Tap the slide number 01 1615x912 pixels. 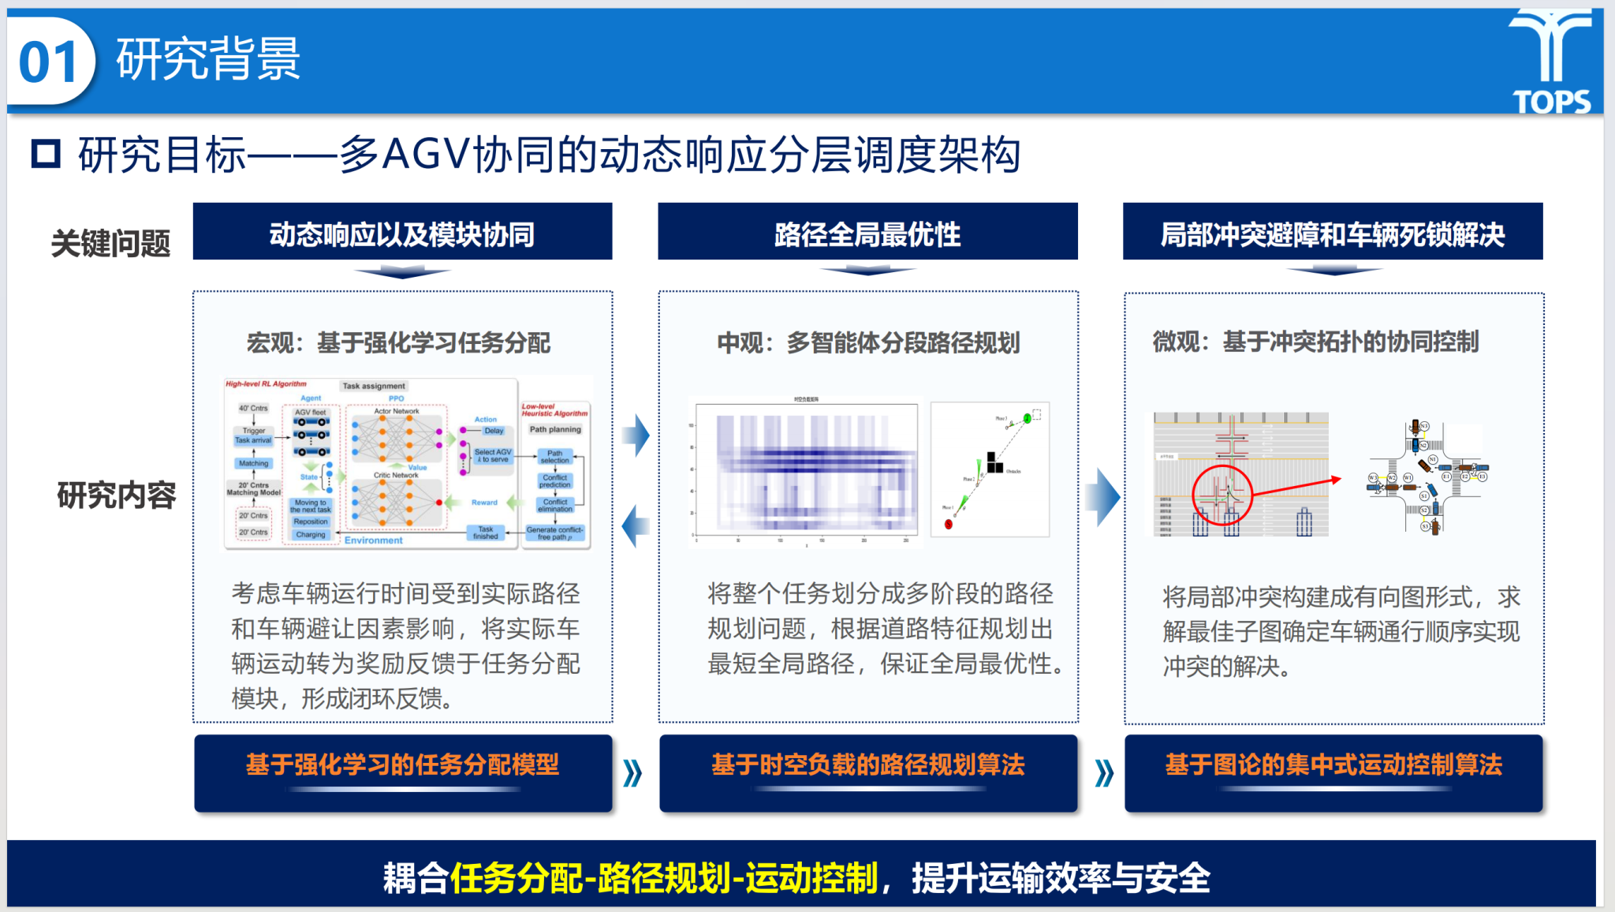pyautogui.click(x=48, y=62)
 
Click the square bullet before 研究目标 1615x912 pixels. pyautogui.click(x=46, y=154)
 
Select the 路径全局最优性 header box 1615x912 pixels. pyautogui.click(x=867, y=234)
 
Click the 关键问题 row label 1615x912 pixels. pyautogui.click(x=110, y=243)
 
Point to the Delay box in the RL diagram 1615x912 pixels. pyautogui.click(x=494, y=431)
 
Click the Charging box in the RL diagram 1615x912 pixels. pyautogui.click(x=311, y=534)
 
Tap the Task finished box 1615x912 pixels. pyautogui.click(x=485, y=533)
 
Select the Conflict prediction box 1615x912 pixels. pyautogui.click(x=555, y=481)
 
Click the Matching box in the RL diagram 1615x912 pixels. pyautogui.click(x=253, y=463)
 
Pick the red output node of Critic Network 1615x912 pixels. pyautogui.click(x=439, y=503)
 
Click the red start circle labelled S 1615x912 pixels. pyautogui.click(x=949, y=524)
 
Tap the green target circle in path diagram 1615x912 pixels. pyautogui.click(x=1027, y=418)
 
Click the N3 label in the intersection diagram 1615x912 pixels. pyautogui.click(x=1424, y=426)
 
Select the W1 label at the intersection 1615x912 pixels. pyautogui.click(x=1407, y=478)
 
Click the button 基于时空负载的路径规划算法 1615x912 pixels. pyautogui.click(x=867, y=765)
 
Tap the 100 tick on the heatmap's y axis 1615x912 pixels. pyautogui.click(x=692, y=425)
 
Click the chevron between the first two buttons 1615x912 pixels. pyautogui.click(x=632, y=773)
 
